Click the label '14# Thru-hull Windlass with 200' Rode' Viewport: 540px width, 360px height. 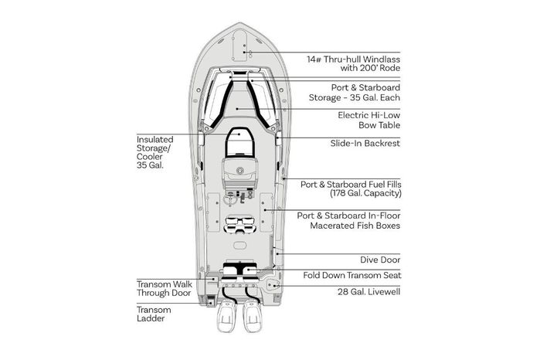(x=353, y=63)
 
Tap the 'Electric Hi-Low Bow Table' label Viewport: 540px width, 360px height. (x=368, y=121)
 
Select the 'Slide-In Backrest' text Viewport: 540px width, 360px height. (x=365, y=143)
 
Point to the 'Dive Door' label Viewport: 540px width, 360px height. (x=380, y=260)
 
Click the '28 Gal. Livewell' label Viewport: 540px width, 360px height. (x=368, y=292)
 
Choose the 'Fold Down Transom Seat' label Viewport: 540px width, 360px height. (x=352, y=275)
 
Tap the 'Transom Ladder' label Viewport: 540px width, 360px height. (x=154, y=314)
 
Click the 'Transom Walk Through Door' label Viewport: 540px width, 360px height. (x=165, y=289)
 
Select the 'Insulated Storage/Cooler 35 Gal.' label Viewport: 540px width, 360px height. (x=155, y=152)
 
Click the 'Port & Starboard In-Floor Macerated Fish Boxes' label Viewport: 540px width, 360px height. (x=348, y=220)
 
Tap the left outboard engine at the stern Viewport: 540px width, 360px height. (x=226, y=316)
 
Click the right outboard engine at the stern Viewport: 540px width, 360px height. (x=252, y=316)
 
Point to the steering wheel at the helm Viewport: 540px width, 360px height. (x=229, y=199)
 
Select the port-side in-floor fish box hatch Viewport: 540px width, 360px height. (x=213, y=212)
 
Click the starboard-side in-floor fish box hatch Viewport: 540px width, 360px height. (x=267, y=212)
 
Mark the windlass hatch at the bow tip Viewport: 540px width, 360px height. (x=239, y=46)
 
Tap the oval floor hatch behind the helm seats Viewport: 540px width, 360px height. (x=239, y=246)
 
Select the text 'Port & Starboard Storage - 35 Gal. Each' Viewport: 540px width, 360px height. (x=355, y=93)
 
